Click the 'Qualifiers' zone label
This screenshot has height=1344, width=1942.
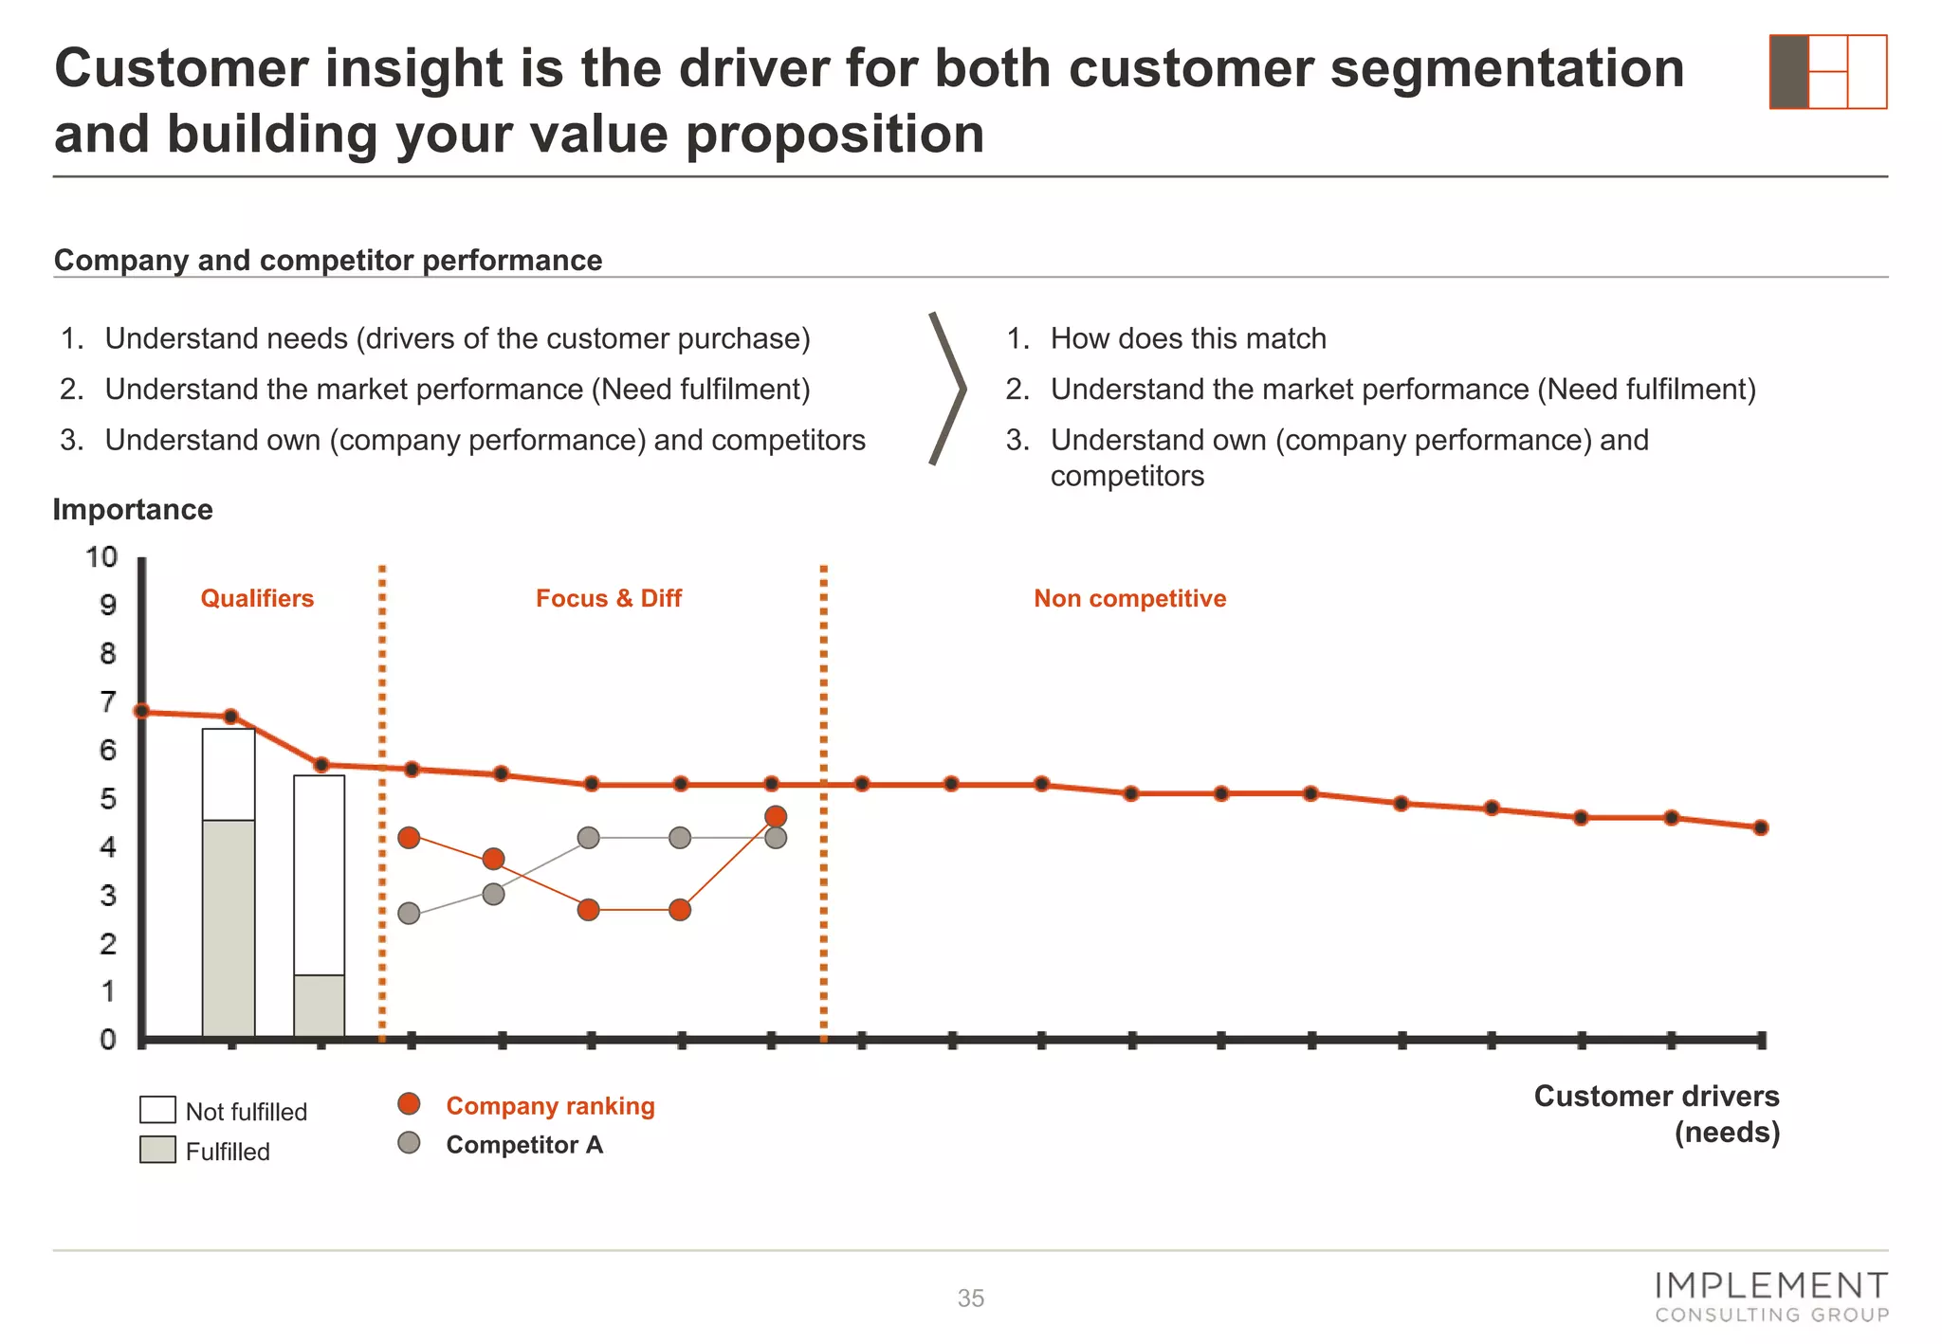click(x=257, y=598)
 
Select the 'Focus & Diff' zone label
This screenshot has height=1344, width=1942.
click(x=608, y=598)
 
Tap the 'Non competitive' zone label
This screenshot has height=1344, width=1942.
click(x=1129, y=598)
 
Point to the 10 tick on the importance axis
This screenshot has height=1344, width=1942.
click(x=102, y=556)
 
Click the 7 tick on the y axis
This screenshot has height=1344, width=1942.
click(x=108, y=702)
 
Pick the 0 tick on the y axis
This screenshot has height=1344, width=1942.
click(x=108, y=1040)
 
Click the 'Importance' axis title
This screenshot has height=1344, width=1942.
click(x=133, y=510)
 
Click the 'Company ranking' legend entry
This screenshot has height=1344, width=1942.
click(x=550, y=1106)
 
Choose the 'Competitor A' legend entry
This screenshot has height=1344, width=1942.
click(x=524, y=1145)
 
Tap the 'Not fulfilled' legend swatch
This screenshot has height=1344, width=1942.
click(x=157, y=1110)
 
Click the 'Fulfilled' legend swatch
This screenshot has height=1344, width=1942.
click(x=157, y=1150)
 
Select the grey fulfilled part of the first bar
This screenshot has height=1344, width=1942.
click(x=229, y=929)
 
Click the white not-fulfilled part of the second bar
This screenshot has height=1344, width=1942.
click(x=320, y=872)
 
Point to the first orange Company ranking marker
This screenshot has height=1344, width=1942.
click(x=409, y=838)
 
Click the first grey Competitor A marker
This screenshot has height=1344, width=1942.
click(x=409, y=914)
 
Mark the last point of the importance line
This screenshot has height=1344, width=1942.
click(x=1761, y=827)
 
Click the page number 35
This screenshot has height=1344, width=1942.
click(x=970, y=1299)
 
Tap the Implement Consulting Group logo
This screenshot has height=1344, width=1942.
click(x=1771, y=1297)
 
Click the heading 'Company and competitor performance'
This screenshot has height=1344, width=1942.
click(x=328, y=260)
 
